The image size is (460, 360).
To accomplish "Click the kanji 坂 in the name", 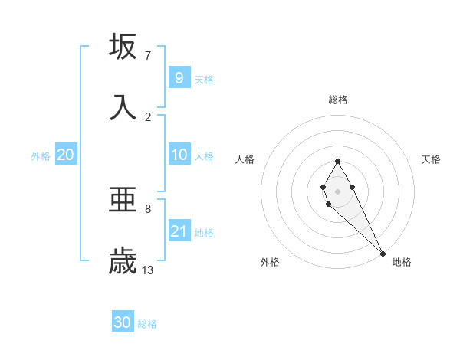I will (x=123, y=47).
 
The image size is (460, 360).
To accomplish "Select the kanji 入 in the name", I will (x=123, y=107).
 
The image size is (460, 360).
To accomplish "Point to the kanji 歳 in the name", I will (x=123, y=261).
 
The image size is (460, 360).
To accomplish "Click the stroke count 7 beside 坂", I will (x=148, y=56).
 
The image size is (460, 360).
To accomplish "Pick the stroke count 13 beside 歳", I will (x=148, y=270).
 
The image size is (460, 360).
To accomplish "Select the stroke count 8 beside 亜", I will (x=148, y=208).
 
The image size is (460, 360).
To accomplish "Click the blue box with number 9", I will (x=179, y=78).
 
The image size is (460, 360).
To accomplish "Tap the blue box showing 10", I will (x=179, y=155).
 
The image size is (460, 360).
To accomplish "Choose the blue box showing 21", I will (x=179, y=231).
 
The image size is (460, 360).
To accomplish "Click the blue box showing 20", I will (x=65, y=155).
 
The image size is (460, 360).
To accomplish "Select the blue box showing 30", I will (x=123, y=323).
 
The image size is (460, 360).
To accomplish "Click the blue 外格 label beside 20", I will (x=41, y=156).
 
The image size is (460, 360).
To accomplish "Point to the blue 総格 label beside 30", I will (x=147, y=325).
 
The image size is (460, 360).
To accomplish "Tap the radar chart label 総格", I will (x=338, y=100).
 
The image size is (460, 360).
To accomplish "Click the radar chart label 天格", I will (x=431, y=159).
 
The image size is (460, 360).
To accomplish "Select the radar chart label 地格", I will (x=402, y=263).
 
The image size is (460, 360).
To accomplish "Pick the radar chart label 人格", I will (x=245, y=159).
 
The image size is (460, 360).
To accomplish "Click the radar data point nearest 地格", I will (x=383, y=253).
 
